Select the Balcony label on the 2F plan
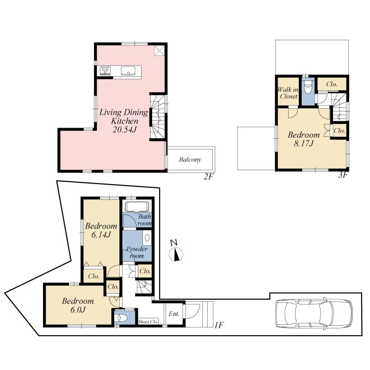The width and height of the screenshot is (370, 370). (x=190, y=160)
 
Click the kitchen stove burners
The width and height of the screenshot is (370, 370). (x=105, y=71)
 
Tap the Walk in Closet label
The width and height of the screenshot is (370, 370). (x=288, y=93)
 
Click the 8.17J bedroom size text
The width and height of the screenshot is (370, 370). (x=303, y=144)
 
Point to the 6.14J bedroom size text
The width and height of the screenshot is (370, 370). (x=100, y=235)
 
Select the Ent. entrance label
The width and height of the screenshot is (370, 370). (x=174, y=314)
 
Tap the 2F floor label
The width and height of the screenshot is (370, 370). (x=208, y=176)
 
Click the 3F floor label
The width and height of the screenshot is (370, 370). (x=343, y=175)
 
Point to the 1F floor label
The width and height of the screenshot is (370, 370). (x=219, y=325)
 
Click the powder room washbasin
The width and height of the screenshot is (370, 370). (x=147, y=239)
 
